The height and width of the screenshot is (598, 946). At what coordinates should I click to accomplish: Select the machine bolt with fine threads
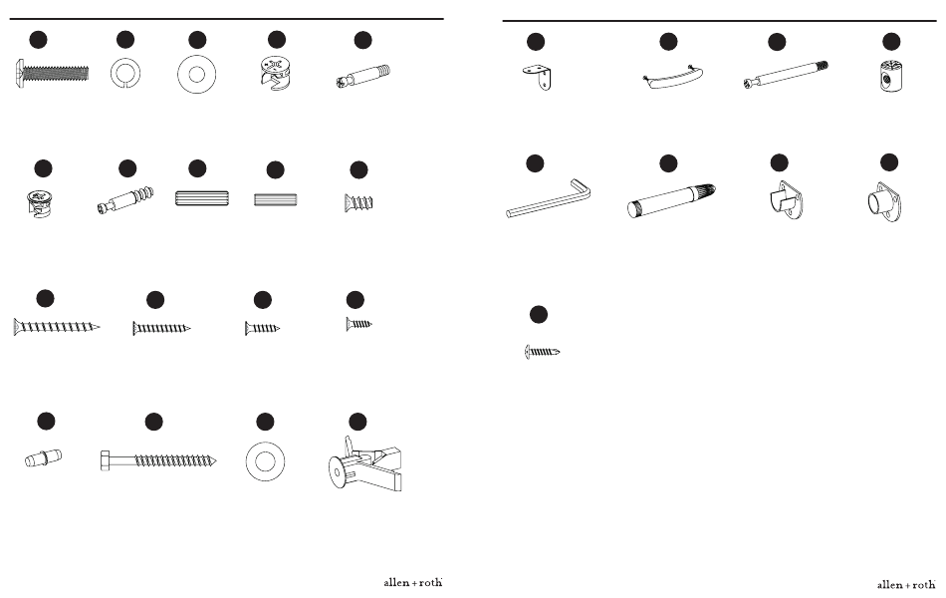[51, 74]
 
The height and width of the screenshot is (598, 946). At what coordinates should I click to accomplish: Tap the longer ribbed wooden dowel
[202, 198]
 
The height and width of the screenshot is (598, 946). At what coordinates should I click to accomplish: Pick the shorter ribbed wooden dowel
[275, 199]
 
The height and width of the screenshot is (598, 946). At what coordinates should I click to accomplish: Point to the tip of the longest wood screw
[100, 328]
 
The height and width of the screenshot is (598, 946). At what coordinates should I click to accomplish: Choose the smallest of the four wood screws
[358, 324]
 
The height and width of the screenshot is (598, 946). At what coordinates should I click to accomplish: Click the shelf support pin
[44, 458]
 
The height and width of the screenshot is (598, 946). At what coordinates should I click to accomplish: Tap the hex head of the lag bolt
[105, 460]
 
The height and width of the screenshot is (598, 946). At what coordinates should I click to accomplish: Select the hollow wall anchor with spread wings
[365, 464]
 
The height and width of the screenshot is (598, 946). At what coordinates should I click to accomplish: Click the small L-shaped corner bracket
[538, 78]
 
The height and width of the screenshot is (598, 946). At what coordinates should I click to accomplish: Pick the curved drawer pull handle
[672, 79]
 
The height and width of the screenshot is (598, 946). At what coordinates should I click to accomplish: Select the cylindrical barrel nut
[890, 76]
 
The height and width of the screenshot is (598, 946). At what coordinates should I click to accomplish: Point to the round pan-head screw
[542, 352]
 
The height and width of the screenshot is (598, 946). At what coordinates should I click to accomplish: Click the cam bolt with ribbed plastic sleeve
[124, 200]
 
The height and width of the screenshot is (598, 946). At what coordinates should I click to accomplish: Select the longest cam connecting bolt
[786, 75]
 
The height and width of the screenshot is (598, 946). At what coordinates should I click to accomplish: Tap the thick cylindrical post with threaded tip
[671, 200]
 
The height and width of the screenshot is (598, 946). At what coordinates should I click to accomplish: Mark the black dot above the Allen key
[535, 163]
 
